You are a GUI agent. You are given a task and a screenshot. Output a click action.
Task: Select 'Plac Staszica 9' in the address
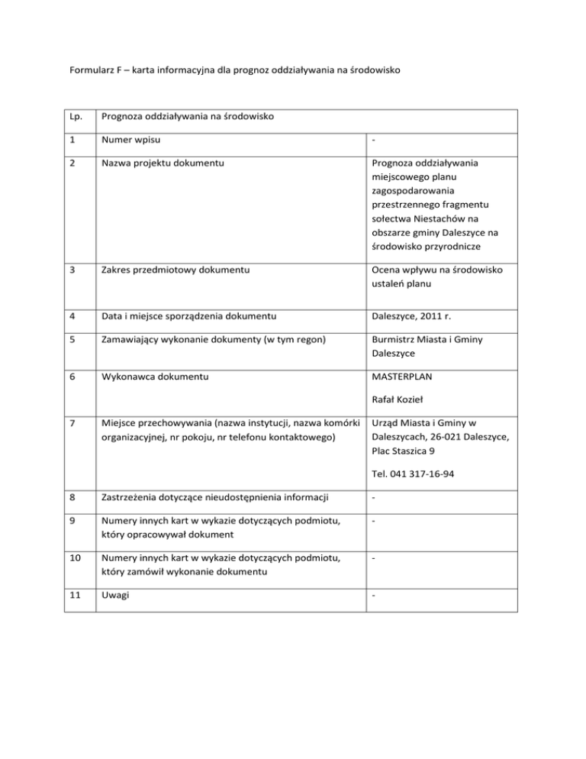(407, 450)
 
